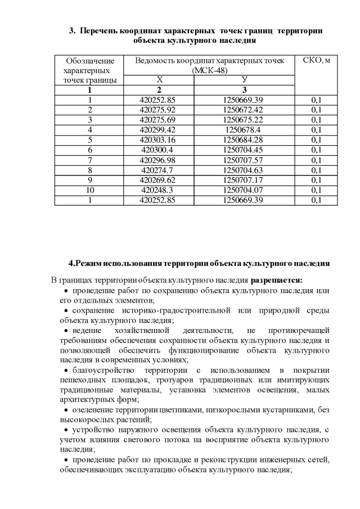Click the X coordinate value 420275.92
pyautogui.click(x=160, y=110)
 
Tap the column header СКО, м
pyautogui.click(x=316, y=61)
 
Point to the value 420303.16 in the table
pyautogui.click(x=160, y=139)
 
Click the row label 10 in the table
pyautogui.click(x=89, y=190)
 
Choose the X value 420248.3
pyautogui.click(x=160, y=190)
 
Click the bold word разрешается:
pyautogui.click(x=277, y=280)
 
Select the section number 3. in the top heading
pyautogui.click(x=72, y=30)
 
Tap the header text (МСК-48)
pyautogui.click(x=210, y=70)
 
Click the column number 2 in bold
pyautogui.click(x=159, y=89)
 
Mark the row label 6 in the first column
pyautogui.click(x=89, y=150)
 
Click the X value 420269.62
pyautogui.click(x=160, y=180)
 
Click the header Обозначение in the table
pyautogui.click(x=90, y=61)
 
